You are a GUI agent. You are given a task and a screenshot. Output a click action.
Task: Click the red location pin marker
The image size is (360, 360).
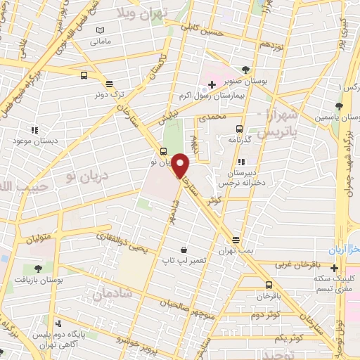[181, 166]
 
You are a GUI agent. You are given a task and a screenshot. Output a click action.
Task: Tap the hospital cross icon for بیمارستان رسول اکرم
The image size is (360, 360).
[211, 85]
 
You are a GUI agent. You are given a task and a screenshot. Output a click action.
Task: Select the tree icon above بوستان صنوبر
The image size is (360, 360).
[245, 70]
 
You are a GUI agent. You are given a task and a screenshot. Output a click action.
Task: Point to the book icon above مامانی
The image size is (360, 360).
[101, 30]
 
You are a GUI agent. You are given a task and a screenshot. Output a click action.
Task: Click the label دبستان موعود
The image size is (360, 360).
[33, 141]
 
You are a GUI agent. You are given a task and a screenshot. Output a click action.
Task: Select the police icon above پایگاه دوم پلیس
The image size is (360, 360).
[59, 323]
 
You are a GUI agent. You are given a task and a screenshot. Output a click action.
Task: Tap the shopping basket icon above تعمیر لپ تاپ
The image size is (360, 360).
[184, 250]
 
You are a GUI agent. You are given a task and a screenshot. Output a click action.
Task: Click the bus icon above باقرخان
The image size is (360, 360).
[268, 285]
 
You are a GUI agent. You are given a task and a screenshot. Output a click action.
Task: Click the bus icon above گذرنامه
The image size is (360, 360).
[239, 129]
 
